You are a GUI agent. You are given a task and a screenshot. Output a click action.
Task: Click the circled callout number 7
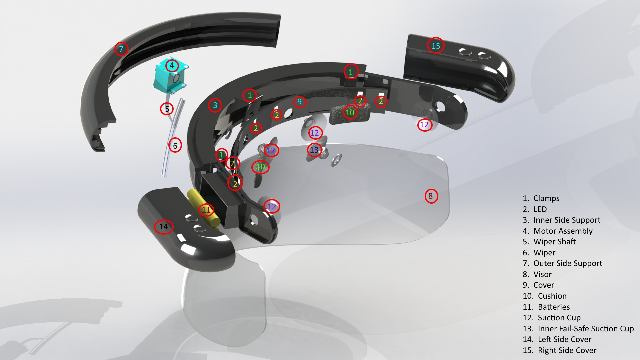tap(121, 49)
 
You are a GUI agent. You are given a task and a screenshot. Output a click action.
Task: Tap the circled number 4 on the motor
tap(172, 65)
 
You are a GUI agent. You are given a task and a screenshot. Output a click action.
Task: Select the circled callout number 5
tap(167, 109)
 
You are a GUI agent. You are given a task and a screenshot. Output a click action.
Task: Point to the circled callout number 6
tap(175, 146)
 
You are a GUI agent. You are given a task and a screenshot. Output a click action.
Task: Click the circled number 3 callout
tap(215, 105)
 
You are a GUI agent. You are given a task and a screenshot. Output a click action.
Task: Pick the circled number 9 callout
tap(300, 102)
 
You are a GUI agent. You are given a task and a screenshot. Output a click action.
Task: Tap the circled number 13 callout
tap(314, 150)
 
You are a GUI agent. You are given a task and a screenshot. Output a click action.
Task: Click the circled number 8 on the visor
tap(431, 196)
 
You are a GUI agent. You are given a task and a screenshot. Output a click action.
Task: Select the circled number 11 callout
tap(206, 210)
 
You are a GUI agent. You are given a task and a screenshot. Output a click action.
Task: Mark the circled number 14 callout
tap(164, 227)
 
